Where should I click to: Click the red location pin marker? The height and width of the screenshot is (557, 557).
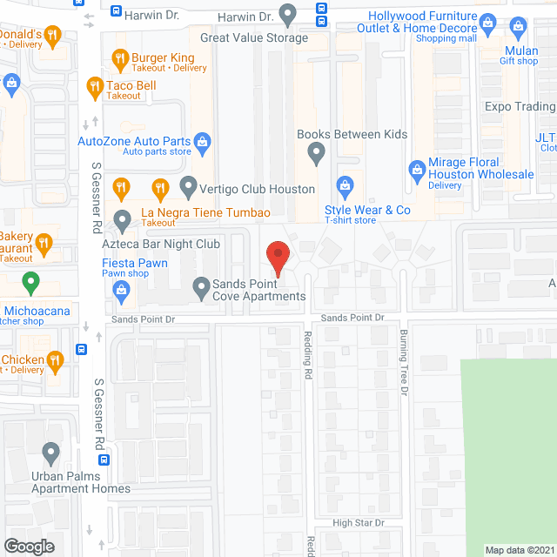click(277, 258)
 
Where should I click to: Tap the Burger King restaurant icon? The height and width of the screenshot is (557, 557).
click(121, 59)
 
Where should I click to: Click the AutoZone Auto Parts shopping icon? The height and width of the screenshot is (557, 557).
click(202, 141)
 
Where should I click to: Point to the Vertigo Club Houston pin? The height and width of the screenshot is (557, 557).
click(187, 185)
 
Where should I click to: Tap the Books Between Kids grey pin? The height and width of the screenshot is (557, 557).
click(317, 154)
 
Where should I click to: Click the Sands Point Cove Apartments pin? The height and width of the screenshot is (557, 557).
click(202, 285)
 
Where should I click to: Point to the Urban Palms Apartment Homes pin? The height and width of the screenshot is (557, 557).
click(51, 453)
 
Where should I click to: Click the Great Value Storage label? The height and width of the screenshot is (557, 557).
click(253, 38)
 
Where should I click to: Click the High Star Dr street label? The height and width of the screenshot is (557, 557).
click(358, 522)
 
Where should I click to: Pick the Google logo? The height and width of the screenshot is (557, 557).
click(28, 546)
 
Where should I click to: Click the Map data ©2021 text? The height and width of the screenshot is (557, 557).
click(519, 550)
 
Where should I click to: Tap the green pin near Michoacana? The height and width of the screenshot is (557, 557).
click(31, 283)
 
